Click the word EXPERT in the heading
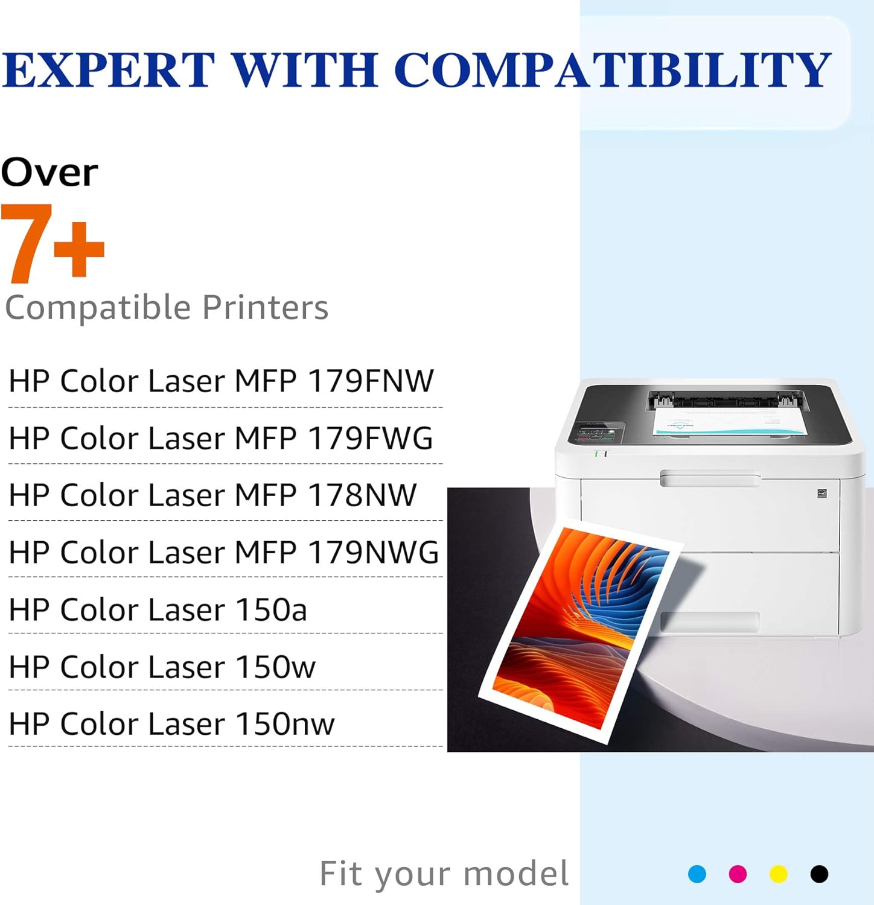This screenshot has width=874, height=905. tap(108, 69)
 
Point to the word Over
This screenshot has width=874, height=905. tap(49, 173)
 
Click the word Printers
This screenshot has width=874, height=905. tap(265, 308)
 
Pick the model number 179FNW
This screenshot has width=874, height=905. tap(371, 381)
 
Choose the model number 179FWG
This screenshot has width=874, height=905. tap(371, 439)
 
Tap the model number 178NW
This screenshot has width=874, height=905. tap(362, 495)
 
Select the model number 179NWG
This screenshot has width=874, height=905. tap(373, 553)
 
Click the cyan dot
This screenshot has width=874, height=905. tap(697, 874)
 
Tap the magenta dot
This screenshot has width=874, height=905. tap(738, 874)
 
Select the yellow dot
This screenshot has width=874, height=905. tap(779, 874)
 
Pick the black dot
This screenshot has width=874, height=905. tap(819, 874)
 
